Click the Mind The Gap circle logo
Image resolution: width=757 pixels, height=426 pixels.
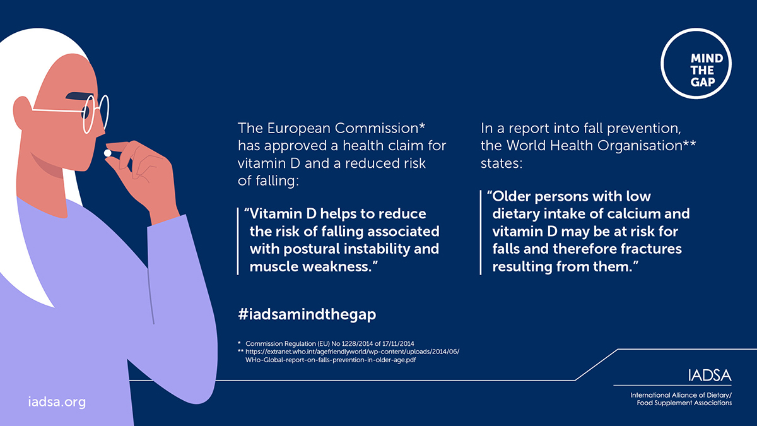tap(696, 64)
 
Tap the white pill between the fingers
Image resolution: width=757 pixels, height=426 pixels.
tap(107, 153)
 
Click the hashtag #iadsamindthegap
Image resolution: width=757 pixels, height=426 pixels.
tap(307, 314)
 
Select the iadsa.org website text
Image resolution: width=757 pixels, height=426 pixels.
tap(57, 401)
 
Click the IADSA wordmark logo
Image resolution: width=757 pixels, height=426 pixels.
tap(709, 376)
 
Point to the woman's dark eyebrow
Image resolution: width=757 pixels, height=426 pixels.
tap(79, 96)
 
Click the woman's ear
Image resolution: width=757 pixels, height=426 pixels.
tap(23, 113)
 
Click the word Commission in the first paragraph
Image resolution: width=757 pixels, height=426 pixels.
tap(376, 128)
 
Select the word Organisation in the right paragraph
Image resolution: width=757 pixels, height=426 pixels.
tap(640, 146)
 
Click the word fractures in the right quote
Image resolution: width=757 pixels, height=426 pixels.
tap(651, 249)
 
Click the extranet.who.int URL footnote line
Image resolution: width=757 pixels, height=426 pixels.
tap(352, 352)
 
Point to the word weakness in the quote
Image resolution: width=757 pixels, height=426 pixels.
tap(339, 267)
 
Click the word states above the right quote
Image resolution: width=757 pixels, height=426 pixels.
tap(502, 163)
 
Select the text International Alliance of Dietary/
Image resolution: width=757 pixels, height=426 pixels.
tap(681, 395)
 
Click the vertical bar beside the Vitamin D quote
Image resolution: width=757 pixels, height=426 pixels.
tap(238, 241)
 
